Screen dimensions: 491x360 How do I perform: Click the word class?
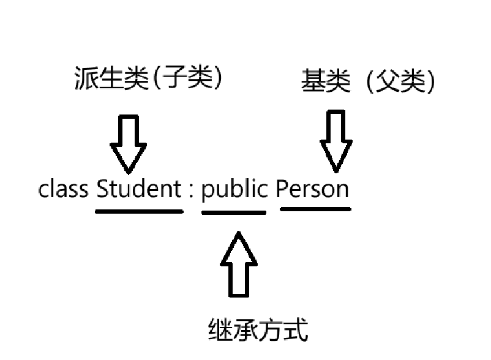[x=63, y=189]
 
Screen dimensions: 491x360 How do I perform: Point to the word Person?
[x=312, y=189]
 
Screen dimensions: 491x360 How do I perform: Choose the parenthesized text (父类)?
[x=401, y=81]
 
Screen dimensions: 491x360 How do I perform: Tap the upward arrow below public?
[x=239, y=264]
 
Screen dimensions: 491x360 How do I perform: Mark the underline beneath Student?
[x=139, y=212]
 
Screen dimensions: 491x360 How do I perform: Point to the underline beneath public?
[x=234, y=212]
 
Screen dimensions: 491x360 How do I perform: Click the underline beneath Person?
[x=315, y=209]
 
